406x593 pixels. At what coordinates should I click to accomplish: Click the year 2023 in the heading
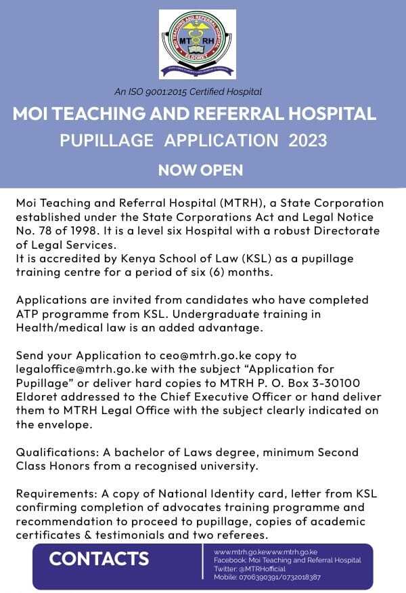[x=308, y=141]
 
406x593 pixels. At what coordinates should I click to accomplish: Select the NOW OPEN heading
[x=200, y=169]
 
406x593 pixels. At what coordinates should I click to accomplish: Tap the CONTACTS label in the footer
[x=99, y=559]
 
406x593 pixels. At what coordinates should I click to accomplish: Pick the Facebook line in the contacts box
[x=287, y=560]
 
